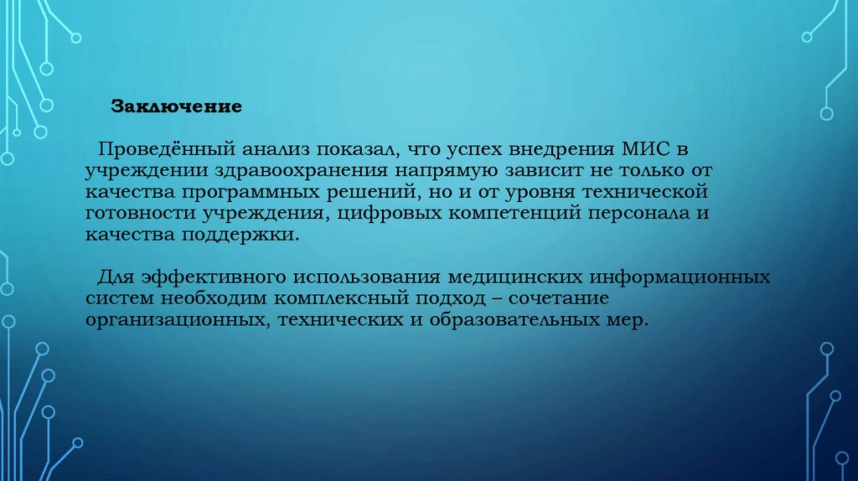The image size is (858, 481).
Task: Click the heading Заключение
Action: point(177,108)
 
